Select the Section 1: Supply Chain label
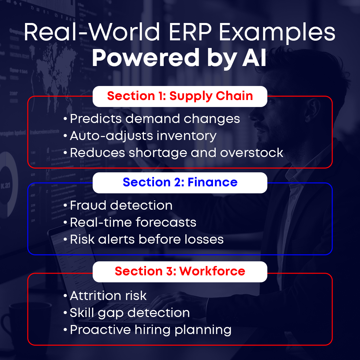[180, 96]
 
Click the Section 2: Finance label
[180, 182]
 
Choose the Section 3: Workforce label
[180, 271]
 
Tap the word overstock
[252, 153]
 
